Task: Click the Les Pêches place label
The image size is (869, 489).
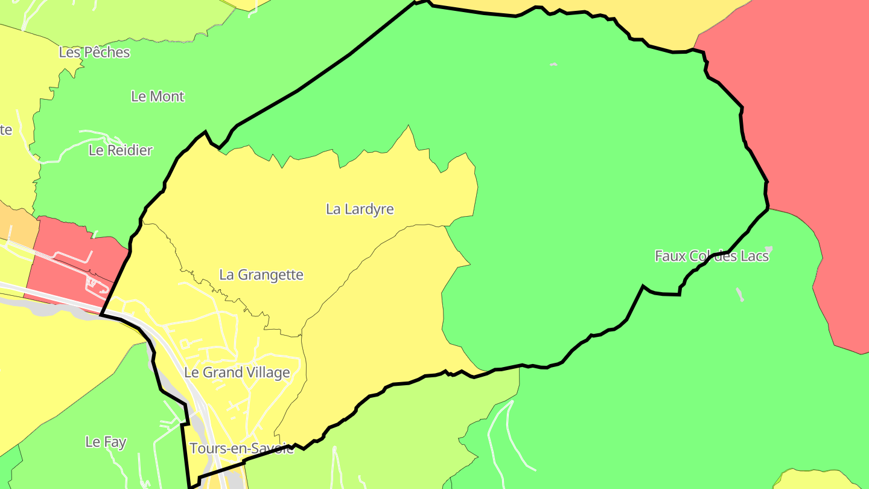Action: tap(94, 53)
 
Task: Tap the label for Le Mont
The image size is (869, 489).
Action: tap(158, 97)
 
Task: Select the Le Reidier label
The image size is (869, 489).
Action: tap(121, 150)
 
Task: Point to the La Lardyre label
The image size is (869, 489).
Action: tap(360, 209)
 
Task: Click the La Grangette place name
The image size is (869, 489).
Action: tap(261, 275)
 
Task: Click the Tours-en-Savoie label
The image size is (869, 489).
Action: tap(241, 449)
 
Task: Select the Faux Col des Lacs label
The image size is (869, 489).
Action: tap(711, 256)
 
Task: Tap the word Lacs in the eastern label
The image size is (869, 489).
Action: tap(755, 256)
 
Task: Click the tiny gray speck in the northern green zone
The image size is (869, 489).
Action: tap(553, 64)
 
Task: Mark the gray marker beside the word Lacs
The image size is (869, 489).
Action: tap(768, 248)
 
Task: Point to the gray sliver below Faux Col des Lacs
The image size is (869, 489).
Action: tap(740, 295)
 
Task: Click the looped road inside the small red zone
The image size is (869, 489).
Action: tap(92, 282)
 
